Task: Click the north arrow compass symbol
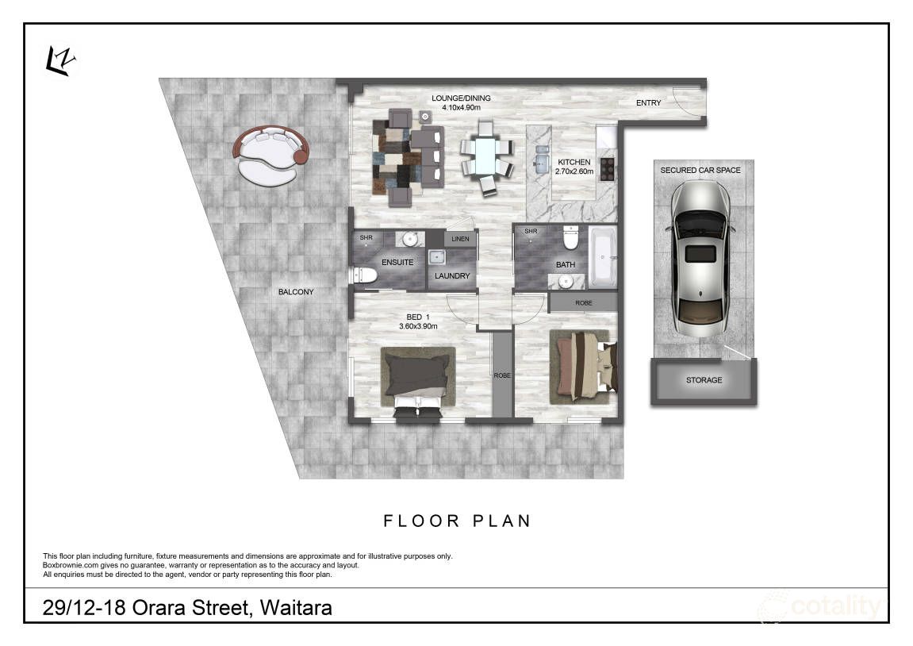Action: (60, 61)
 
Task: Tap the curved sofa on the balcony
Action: (269, 155)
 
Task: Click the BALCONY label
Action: (296, 292)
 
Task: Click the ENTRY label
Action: (649, 103)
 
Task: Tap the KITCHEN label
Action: (573, 162)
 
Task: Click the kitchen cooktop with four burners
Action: (608, 168)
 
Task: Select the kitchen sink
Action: (542, 160)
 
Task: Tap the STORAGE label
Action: (704, 380)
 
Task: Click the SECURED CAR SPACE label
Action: (700, 171)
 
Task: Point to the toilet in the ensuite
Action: (364, 275)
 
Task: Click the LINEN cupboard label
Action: (460, 239)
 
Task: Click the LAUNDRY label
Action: (452, 276)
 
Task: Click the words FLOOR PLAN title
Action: (457, 521)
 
